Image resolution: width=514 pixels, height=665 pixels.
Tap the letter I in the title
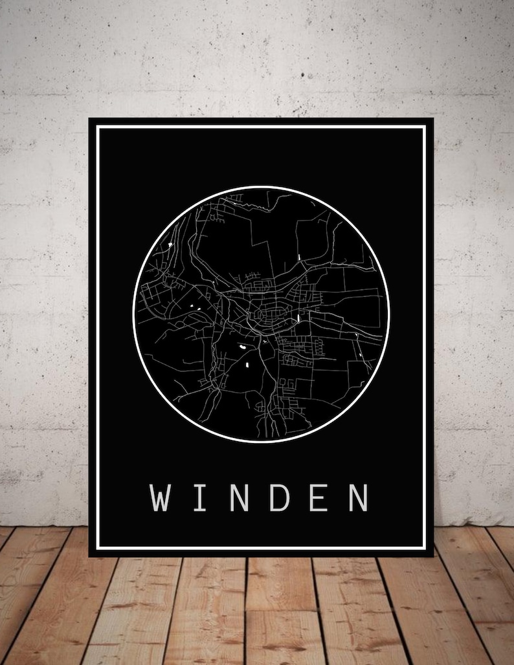pyautogui.click(x=200, y=497)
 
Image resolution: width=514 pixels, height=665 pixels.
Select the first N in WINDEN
pyautogui.click(x=240, y=497)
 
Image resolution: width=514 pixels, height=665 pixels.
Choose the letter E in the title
pyautogui.click(x=318, y=497)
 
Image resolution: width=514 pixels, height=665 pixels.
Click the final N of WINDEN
pyautogui.click(x=358, y=497)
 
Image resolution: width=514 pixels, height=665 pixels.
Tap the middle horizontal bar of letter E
pyautogui.click(x=317, y=497)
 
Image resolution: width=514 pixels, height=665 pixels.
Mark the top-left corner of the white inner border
pyautogui.click(x=98, y=127)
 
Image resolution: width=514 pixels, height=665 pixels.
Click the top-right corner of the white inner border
pyautogui.click(x=425, y=127)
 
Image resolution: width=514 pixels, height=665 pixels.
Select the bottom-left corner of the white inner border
pyautogui.click(x=98, y=547)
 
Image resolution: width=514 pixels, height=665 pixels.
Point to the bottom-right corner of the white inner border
pyautogui.click(x=425, y=547)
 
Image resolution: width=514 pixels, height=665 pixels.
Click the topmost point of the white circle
pyautogui.click(x=261, y=187)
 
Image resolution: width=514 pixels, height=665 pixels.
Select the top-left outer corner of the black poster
pyautogui.click(x=89, y=119)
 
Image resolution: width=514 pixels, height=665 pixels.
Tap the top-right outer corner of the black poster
pyautogui.click(x=433, y=119)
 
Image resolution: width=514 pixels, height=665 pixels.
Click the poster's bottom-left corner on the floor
pyautogui.click(x=89, y=556)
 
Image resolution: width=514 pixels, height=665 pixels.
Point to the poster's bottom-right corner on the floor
pyautogui.click(x=433, y=556)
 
